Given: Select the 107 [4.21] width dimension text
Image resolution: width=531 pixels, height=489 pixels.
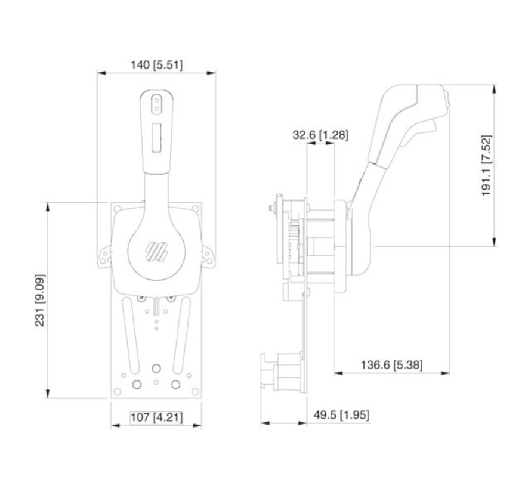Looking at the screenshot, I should pyautogui.click(x=156, y=417).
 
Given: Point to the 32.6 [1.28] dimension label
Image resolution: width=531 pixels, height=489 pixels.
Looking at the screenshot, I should pyautogui.click(x=320, y=135).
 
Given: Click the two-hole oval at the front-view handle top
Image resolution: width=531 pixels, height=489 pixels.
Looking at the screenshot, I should pyautogui.click(x=156, y=105).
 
